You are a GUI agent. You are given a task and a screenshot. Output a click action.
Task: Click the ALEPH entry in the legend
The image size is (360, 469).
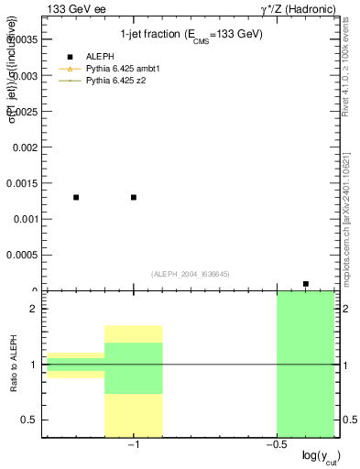coord(97,56)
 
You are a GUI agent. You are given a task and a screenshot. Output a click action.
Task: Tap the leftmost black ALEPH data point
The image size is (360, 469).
coord(76,197)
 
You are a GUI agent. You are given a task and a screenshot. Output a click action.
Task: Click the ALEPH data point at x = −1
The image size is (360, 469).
coord(134,197)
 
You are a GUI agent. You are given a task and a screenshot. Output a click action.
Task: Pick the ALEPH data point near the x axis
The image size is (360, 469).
coord(306,284)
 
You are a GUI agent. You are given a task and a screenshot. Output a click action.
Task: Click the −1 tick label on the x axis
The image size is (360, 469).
coord(133,446)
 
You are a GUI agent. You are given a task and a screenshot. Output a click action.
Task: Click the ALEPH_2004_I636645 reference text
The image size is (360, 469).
coord(190,274)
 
